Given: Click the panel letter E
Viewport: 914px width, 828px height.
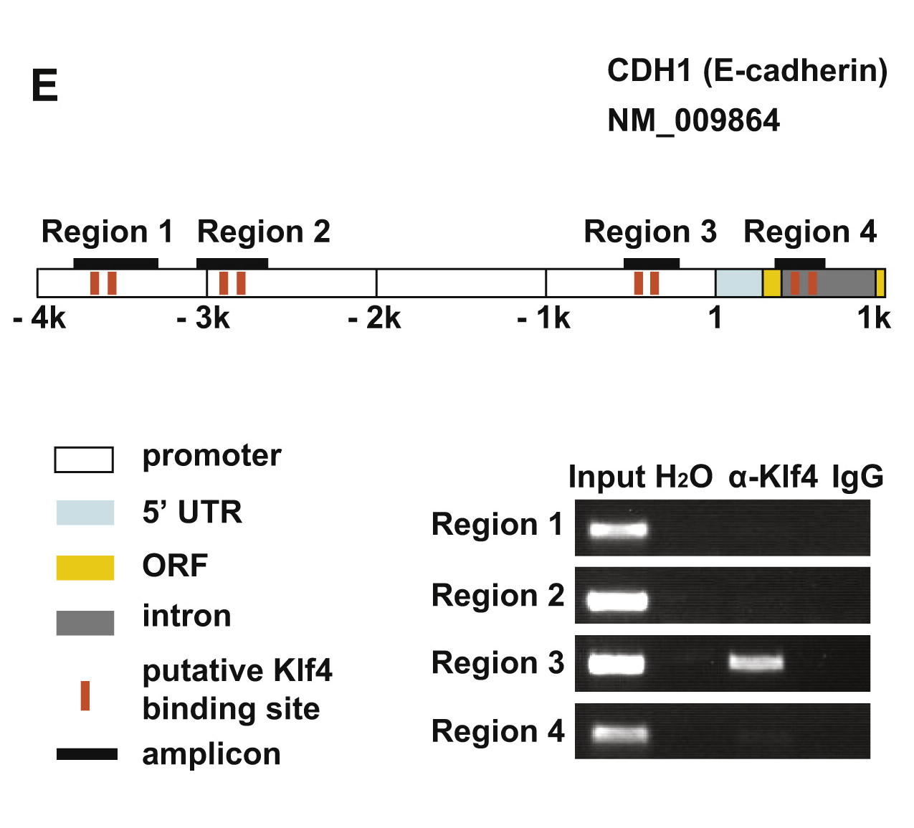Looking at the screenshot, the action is point(44,86).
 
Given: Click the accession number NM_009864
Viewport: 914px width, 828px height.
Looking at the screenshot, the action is point(693,120).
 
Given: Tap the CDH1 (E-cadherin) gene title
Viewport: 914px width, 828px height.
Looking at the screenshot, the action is point(747,71).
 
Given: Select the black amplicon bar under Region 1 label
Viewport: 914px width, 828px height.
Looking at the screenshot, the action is point(115,263).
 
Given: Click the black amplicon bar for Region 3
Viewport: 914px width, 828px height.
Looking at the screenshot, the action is point(651,263).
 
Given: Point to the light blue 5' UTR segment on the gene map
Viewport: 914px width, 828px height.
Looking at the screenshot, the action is point(738,283).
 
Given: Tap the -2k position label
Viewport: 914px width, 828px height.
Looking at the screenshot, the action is point(374,318).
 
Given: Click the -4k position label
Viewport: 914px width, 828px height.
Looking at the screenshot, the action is point(39,318).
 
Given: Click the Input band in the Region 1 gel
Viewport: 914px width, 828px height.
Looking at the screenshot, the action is point(618,530).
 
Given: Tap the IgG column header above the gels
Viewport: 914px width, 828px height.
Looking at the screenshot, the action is point(857,477).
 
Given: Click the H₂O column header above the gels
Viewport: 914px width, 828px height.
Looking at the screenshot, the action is point(684,477).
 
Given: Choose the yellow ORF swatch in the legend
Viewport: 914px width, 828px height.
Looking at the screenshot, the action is point(85,567).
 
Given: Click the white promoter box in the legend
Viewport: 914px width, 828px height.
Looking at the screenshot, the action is point(84,460).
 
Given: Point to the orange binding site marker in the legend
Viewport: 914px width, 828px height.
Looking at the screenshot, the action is point(85,695).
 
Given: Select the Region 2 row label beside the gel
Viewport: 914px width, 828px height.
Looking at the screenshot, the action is point(498,596).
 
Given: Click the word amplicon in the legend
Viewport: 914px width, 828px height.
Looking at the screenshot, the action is point(211,754).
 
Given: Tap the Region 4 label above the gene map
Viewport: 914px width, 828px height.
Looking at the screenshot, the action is point(810,232).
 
